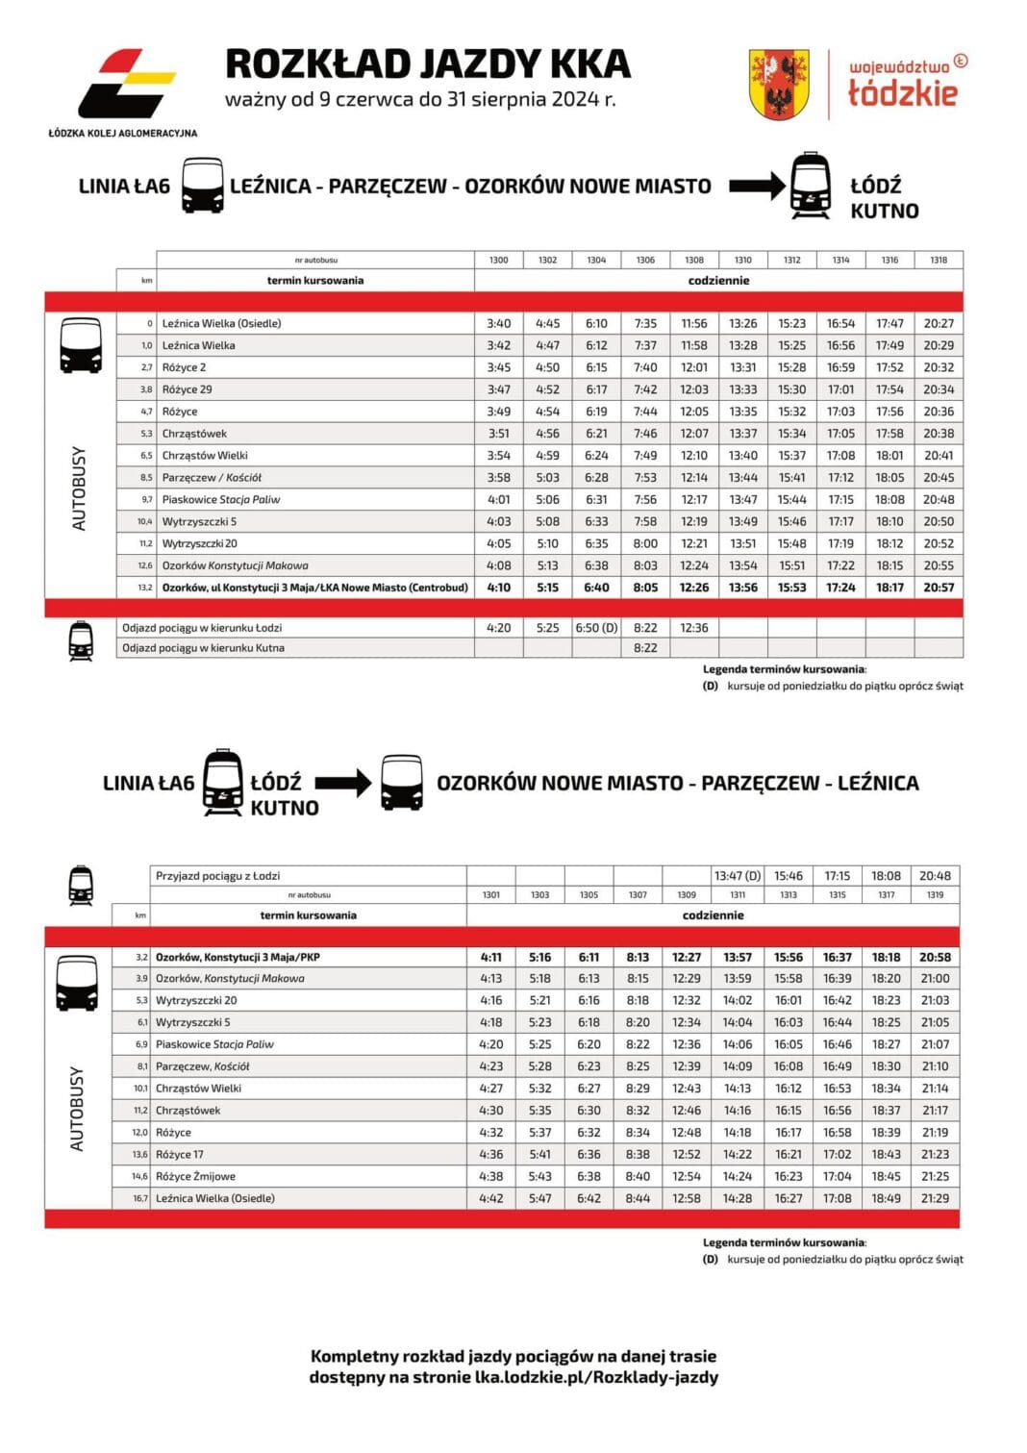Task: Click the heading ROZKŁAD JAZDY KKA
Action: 427,63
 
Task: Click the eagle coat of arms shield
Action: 779,85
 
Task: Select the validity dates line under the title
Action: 420,99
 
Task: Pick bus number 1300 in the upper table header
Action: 498,260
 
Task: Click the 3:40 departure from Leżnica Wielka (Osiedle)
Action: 498,324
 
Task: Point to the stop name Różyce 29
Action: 187,389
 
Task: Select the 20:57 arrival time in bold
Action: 939,588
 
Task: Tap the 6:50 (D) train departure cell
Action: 596,628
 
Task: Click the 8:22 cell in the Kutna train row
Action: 645,648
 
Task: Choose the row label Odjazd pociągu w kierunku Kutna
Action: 203,648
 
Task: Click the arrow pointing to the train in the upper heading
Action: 756,186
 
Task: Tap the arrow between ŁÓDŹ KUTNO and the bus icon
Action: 342,783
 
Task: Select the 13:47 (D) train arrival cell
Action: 738,876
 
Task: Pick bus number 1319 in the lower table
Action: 935,895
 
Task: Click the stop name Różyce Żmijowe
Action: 195,1176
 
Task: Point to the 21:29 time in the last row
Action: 935,1198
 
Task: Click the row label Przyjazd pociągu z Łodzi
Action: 218,876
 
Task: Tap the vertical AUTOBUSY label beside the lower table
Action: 78,1109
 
